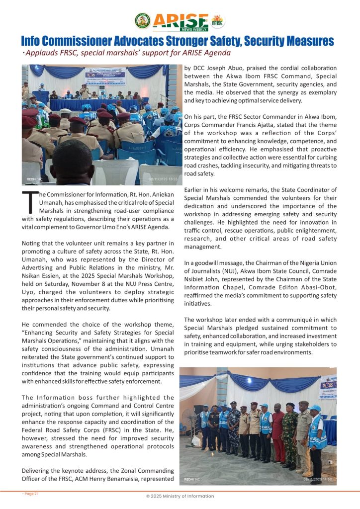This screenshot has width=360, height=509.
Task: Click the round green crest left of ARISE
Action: pyautogui.click(x=142, y=21)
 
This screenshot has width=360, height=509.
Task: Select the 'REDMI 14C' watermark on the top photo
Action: pyautogui.click(x=35, y=178)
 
